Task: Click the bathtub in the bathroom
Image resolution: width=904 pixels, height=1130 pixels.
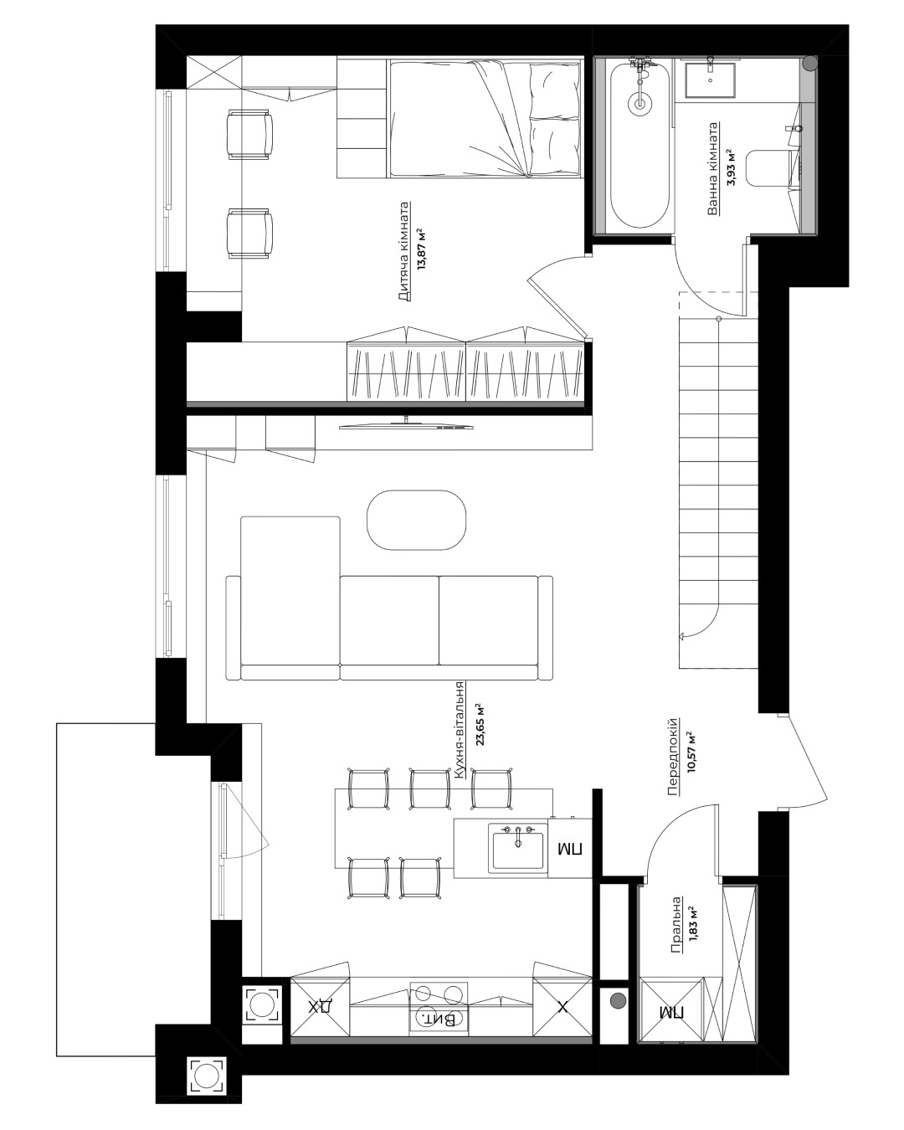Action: pos(639,144)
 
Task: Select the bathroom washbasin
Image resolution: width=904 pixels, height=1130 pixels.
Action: pos(710,80)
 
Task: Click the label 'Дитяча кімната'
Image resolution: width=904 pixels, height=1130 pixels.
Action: pos(403,251)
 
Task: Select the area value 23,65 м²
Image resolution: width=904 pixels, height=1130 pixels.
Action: pos(479,725)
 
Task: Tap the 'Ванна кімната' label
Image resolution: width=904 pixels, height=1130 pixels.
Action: pos(712,169)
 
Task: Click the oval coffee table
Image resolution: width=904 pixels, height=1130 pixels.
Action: pos(416,520)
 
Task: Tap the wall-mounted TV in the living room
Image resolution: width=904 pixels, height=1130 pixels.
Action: pos(406,425)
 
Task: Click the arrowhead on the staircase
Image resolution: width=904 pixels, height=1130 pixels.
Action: pos(682,637)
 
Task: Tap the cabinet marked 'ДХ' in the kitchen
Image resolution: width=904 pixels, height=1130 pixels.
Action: pos(320,1007)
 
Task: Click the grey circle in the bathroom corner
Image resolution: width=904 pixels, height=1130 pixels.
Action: pos(810,64)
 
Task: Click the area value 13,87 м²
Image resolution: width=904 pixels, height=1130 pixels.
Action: pos(421,249)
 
